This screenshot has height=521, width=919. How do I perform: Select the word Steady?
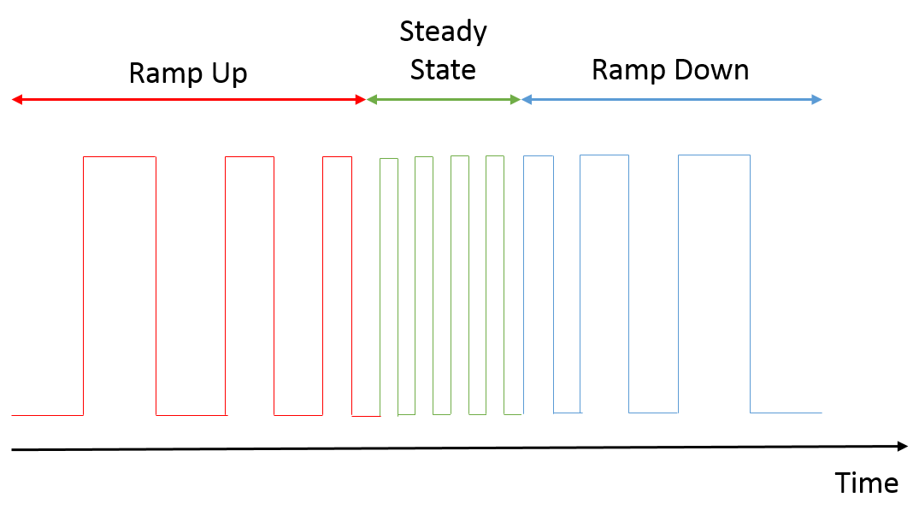(443, 32)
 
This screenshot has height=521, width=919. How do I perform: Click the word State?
(443, 70)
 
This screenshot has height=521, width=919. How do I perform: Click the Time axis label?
(866, 483)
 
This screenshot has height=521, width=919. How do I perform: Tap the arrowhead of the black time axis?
(903, 446)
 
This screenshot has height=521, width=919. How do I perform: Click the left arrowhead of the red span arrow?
(17, 100)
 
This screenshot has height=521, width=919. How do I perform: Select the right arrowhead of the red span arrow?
(361, 100)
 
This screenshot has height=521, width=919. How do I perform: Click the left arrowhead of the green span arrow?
(372, 100)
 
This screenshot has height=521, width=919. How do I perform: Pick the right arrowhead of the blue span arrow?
(816, 100)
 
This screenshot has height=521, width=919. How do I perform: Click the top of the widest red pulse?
(120, 157)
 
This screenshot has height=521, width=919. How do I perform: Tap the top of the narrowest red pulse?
(337, 157)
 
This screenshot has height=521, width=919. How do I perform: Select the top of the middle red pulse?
(250, 157)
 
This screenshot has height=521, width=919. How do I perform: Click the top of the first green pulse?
(389, 159)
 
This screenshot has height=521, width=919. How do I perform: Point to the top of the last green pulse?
(495, 156)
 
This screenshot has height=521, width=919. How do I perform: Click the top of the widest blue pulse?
(714, 155)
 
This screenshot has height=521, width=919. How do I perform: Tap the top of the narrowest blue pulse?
(538, 156)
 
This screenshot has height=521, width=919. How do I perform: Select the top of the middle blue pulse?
(604, 155)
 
